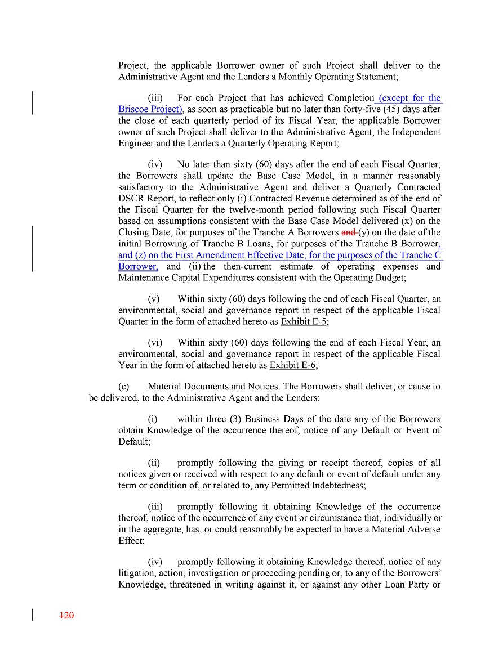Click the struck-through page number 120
point(67,616)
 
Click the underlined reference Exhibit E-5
point(304,322)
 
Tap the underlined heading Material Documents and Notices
point(213,387)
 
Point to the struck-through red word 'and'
point(349,232)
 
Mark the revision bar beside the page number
point(33,615)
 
